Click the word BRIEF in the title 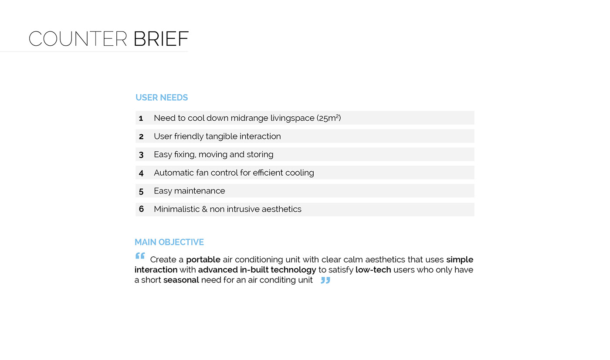pos(161,39)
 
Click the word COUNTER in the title pos(78,39)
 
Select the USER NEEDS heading pos(162,98)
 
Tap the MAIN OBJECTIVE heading pos(169,242)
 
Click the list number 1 pos(141,118)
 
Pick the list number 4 pos(141,173)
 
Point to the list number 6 pos(141,209)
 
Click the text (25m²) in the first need pos(329,118)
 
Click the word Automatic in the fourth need pos(173,173)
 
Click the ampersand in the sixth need pos(204,209)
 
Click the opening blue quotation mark pos(140,256)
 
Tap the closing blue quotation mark pos(325,280)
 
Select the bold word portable pos(203,260)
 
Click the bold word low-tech pos(373,270)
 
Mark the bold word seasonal pos(181,280)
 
